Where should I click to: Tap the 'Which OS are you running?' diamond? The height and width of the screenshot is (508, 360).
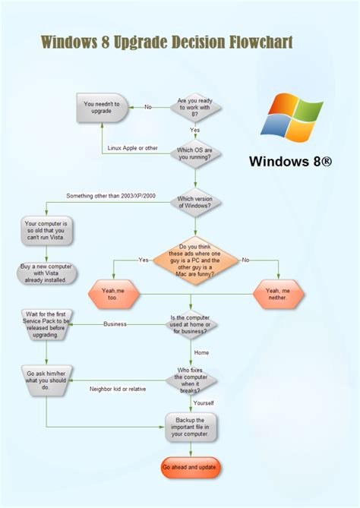point(195,153)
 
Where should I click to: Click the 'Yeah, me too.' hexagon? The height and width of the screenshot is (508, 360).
point(113,293)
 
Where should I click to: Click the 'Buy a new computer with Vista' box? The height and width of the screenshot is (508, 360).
point(47,273)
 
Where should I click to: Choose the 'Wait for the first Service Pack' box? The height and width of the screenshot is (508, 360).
point(47,324)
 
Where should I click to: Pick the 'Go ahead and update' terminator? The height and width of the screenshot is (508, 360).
point(191,468)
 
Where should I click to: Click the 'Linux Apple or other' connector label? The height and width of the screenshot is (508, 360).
point(133,148)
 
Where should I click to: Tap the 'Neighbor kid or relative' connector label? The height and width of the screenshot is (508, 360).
point(118,389)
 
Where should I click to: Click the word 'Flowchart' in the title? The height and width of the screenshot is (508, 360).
point(260,42)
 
